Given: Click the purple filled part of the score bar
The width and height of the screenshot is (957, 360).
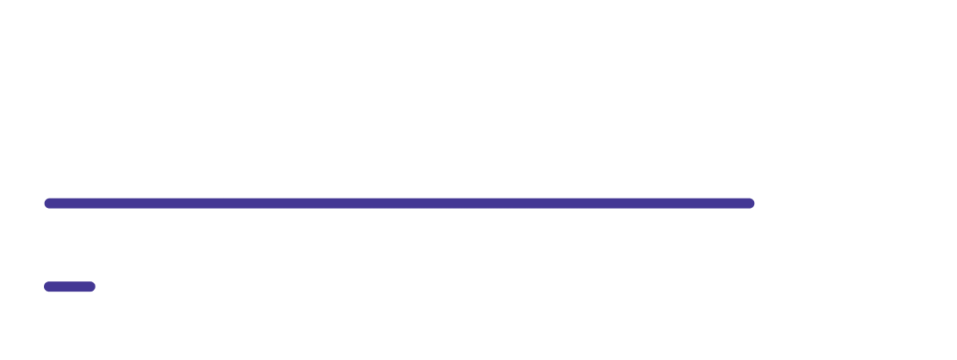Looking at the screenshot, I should click(69, 286).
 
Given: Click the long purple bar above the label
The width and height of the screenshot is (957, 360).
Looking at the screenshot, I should click(397, 203).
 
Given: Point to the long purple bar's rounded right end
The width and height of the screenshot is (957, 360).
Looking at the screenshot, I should click(750, 203).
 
